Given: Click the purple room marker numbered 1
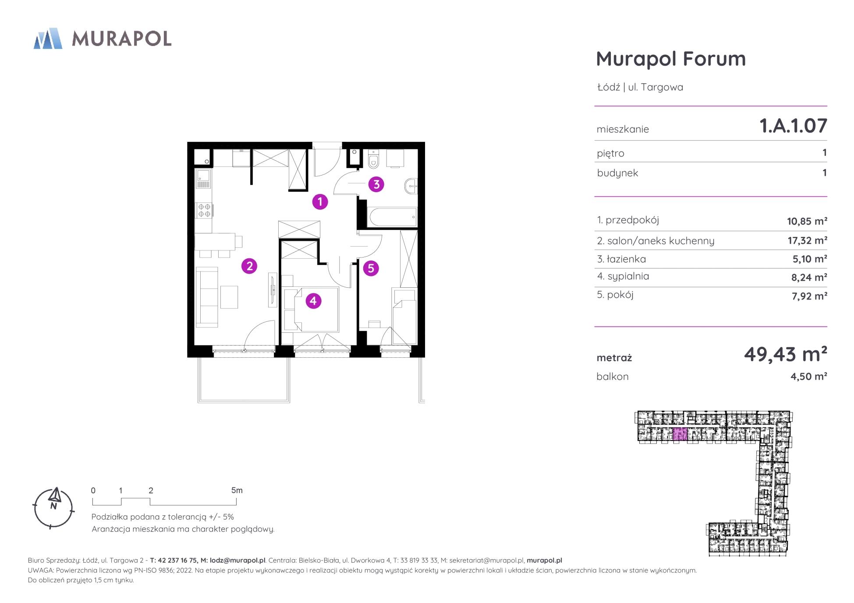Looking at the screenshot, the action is (x=320, y=202).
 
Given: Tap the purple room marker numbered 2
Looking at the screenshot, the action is (x=249, y=266).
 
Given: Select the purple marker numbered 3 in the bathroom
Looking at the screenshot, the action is (x=376, y=185).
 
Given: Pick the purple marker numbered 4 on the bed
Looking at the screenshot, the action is (x=313, y=301).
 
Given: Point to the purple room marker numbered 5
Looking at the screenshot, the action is (x=371, y=268).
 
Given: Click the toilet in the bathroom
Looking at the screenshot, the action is (x=373, y=160).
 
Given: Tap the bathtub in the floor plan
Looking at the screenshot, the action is (x=392, y=218).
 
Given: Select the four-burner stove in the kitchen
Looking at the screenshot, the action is (x=204, y=210).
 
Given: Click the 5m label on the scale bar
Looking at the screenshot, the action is (x=237, y=490).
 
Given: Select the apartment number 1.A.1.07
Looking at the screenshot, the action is (x=793, y=126).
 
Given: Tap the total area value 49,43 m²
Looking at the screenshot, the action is (x=785, y=354).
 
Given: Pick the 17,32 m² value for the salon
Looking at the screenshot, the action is (x=807, y=240).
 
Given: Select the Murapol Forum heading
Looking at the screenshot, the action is (x=671, y=59).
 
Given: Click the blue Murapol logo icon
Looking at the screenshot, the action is (x=48, y=39).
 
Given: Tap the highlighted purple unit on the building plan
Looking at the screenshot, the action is (x=680, y=434).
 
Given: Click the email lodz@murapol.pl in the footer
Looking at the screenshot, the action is (x=237, y=561).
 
